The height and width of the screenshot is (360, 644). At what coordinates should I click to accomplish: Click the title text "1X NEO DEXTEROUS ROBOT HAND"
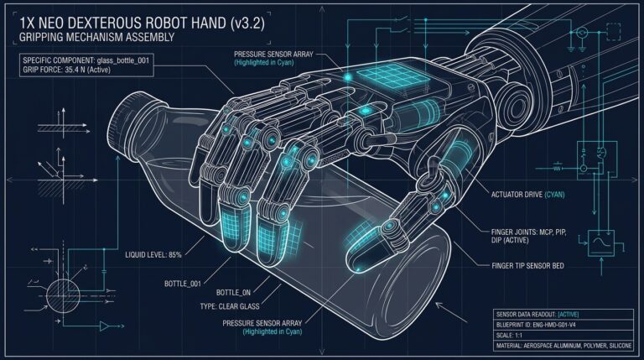(x=122, y=23)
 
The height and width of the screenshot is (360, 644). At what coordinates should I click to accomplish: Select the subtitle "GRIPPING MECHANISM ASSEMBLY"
(x=97, y=38)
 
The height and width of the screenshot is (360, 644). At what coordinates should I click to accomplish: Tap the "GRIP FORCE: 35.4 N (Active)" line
(x=66, y=70)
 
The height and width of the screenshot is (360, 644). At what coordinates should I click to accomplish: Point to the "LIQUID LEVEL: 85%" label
(x=153, y=255)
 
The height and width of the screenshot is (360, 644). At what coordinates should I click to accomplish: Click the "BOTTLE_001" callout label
(x=183, y=284)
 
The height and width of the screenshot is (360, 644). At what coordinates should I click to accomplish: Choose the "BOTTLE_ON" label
(x=233, y=293)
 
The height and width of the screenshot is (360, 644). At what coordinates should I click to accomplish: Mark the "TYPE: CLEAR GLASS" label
(x=230, y=306)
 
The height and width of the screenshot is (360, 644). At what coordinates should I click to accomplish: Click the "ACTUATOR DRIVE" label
(x=517, y=195)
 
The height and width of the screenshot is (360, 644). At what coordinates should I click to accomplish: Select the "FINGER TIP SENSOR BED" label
(x=527, y=266)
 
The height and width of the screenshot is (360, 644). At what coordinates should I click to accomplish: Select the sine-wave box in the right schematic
(x=601, y=243)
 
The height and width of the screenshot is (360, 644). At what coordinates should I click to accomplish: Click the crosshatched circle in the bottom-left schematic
(x=63, y=295)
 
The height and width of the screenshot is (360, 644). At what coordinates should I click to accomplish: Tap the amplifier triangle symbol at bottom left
(x=105, y=326)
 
